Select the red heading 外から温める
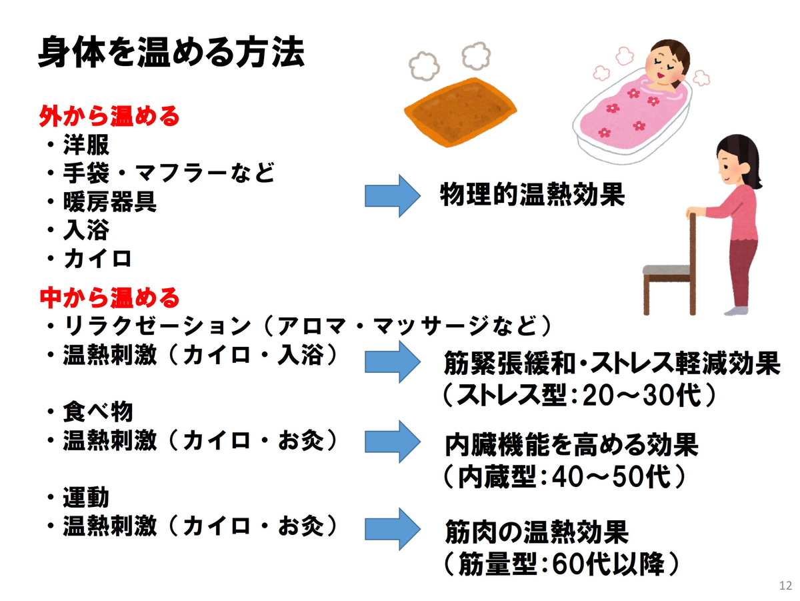[x=109, y=117]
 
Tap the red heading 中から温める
[x=109, y=295]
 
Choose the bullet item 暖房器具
[x=110, y=202]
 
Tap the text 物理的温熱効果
[x=532, y=195]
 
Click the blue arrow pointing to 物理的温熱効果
[x=392, y=195]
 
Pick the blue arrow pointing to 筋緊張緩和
[x=392, y=360]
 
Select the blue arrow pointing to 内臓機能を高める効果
[x=392, y=441]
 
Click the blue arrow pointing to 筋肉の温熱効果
[x=392, y=527]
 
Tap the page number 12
[x=785, y=586]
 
